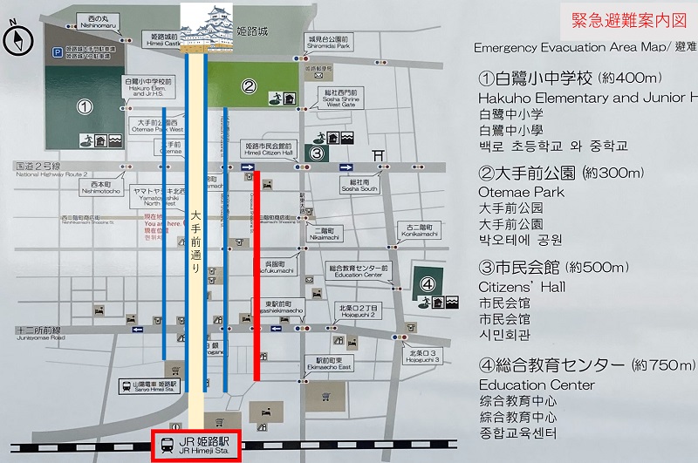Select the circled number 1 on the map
[x=84, y=108]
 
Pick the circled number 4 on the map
[x=428, y=283]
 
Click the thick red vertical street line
[x=257, y=275]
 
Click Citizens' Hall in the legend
[x=522, y=286]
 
